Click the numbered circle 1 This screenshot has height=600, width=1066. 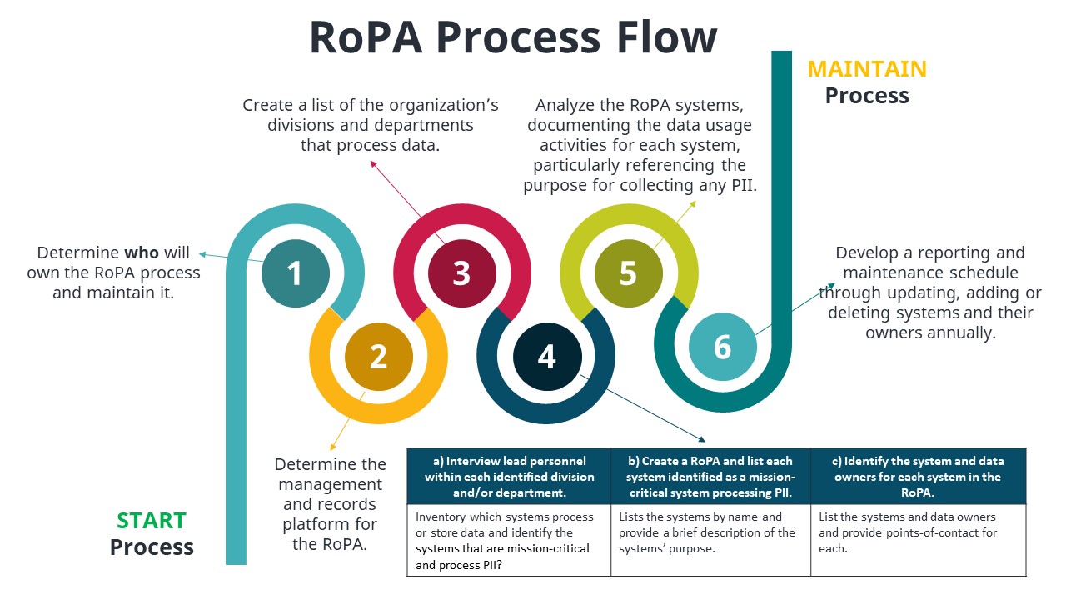pos(295,273)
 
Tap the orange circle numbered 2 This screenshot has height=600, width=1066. pos(378,356)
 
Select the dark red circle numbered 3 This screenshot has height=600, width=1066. pos(461,273)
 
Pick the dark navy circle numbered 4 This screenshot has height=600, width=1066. pos(546,356)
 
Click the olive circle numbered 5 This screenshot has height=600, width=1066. pos(628,273)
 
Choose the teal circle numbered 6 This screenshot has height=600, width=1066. pos(722,347)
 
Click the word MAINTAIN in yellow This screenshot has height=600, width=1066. pos(867,68)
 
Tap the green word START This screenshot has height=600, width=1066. pos(152,521)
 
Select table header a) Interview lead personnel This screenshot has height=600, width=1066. pos(510,477)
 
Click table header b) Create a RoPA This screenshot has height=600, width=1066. pos(711,477)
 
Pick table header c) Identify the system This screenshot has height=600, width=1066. pos(919,477)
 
